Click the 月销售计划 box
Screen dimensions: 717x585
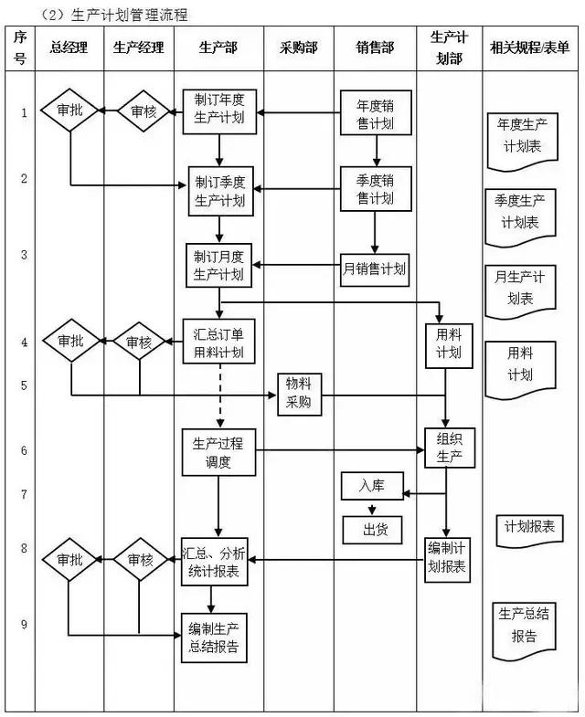(x=374, y=269)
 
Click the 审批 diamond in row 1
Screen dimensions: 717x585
(x=69, y=111)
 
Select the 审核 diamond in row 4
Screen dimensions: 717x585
(x=140, y=343)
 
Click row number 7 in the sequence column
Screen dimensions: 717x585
(x=24, y=495)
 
